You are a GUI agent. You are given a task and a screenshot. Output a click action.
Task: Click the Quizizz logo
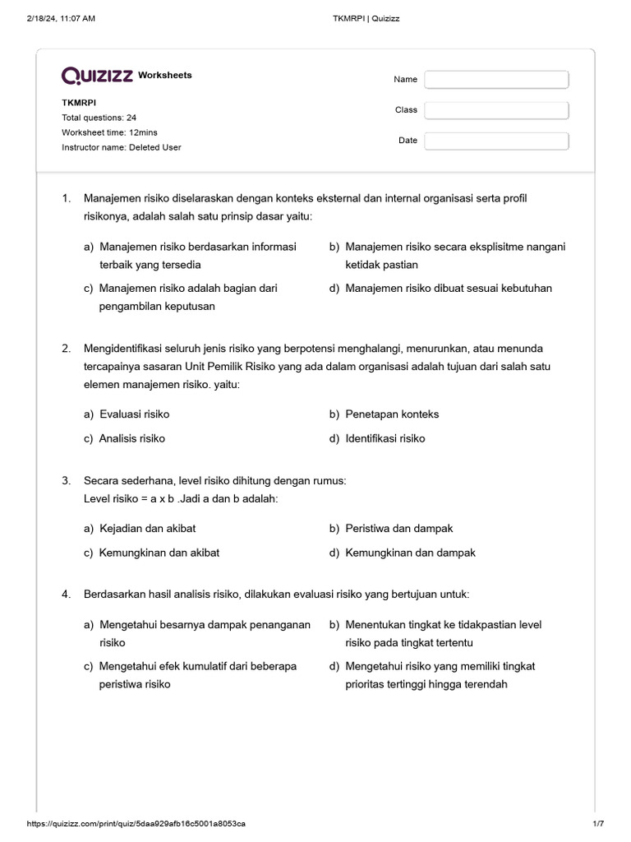coord(98,76)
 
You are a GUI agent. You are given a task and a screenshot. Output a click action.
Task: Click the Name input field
coord(496,80)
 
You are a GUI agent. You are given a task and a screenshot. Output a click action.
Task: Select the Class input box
coord(496,110)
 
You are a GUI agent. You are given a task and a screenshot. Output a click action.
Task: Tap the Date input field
coord(496,141)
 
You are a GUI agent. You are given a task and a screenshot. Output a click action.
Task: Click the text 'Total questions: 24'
coord(99,118)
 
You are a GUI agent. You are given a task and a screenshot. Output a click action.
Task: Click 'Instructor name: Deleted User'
coord(122,147)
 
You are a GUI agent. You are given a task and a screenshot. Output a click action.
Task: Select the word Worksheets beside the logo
coord(165,76)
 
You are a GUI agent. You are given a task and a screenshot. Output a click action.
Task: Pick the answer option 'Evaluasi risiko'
coord(134,414)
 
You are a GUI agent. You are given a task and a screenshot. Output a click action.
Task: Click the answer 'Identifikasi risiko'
coord(385,439)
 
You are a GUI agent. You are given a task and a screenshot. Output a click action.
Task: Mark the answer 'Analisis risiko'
coord(131,439)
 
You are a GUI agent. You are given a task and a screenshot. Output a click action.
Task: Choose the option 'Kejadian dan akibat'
coord(147,528)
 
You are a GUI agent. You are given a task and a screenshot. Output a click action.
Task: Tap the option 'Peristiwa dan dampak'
coord(399,528)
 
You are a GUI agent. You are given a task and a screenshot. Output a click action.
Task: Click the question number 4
coord(67,594)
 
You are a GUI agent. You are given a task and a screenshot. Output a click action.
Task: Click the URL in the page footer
coord(136,823)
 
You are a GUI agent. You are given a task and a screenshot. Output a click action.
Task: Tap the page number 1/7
coord(597,823)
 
